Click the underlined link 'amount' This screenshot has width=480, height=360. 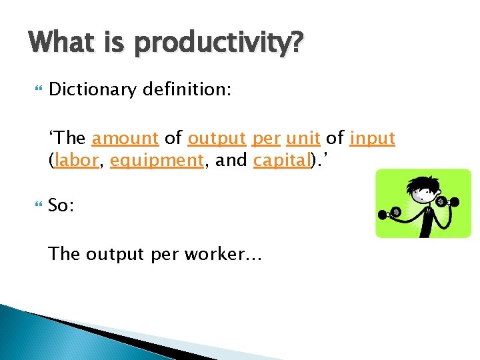[125, 139]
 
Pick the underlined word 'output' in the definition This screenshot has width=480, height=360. [217, 139]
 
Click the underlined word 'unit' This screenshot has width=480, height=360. [303, 139]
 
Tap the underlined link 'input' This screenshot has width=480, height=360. [372, 139]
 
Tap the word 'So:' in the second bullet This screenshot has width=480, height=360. [61, 205]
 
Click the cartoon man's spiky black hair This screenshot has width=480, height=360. [424, 183]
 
